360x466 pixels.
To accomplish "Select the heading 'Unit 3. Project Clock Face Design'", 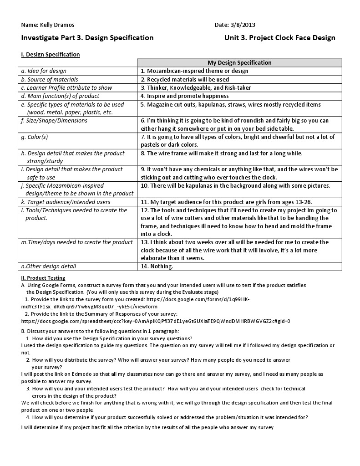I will click(x=279, y=38).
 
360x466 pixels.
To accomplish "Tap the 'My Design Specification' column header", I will click(x=239, y=63).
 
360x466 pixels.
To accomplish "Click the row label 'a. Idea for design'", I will click(x=44, y=71).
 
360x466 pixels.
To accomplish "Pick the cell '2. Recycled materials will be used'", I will click(x=185, y=79).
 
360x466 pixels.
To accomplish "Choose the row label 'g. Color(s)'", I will click(x=35, y=137).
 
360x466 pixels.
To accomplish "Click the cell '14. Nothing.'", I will click(x=157, y=266).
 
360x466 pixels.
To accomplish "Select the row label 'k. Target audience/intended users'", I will click(x=66, y=202).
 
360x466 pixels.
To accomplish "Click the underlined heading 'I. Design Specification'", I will click(x=51, y=55).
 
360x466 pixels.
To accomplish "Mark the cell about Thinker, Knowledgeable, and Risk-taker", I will click(x=196, y=88).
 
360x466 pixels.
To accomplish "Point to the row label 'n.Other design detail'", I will click(x=49, y=266).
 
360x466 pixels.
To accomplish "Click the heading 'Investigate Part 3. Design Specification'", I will click(x=87, y=38).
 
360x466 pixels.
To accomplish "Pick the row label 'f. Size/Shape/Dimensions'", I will click(x=54, y=121).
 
